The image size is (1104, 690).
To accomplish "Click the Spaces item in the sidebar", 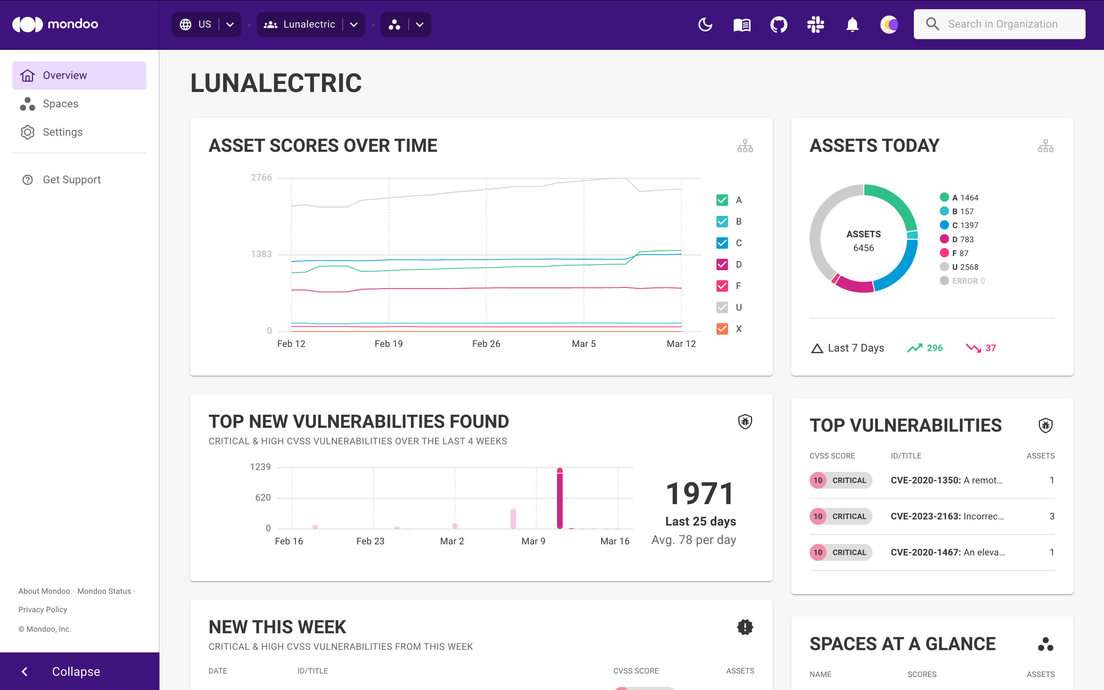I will [60, 103].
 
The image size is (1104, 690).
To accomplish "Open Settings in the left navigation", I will [62, 132].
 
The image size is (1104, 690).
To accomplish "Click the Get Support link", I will [72, 179].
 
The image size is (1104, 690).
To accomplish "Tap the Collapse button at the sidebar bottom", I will [76, 671].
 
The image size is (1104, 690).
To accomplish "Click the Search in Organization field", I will [1002, 24].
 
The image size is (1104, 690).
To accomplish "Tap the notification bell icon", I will [852, 24].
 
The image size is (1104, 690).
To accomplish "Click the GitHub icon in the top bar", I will [778, 24].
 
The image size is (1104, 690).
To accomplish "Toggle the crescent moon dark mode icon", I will [705, 24].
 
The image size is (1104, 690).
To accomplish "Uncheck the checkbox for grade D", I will [722, 264].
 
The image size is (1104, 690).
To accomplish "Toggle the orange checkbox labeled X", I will [722, 329].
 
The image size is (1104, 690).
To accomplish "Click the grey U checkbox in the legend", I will [722, 307].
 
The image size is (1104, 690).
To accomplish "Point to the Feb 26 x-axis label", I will [486, 343].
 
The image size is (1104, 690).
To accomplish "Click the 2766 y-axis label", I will [261, 177].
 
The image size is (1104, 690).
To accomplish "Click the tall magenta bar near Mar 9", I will [560, 498].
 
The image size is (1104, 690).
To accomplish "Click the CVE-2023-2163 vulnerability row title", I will [946, 516].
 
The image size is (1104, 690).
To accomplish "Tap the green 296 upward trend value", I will [934, 348].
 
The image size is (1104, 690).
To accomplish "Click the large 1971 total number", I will [700, 494].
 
